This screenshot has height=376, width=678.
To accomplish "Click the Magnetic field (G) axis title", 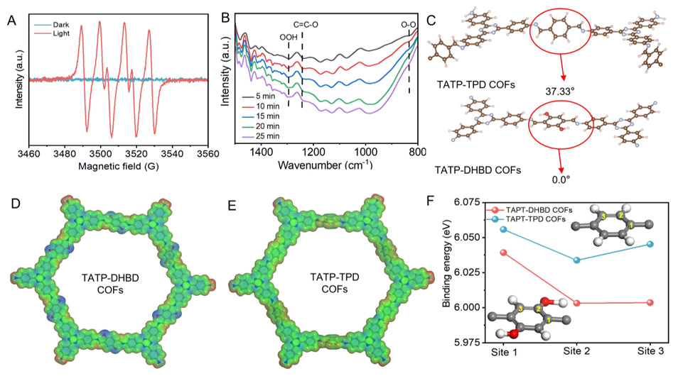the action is (x=118, y=166).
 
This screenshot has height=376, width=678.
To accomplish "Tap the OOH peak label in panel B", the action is (x=289, y=38).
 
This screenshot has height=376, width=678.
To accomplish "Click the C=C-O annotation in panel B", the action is (x=306, y=25).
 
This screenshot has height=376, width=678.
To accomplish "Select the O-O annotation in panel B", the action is (x=408, y=25).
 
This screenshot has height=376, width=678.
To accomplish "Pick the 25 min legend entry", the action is (x=261, y=136).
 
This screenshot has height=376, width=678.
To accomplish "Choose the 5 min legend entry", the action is (x=259, y=96).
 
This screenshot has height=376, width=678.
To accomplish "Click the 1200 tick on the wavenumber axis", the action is (x=313, y=152).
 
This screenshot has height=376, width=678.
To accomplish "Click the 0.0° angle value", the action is (x=561, y=179).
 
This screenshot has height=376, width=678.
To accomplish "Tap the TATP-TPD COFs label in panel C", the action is (x=475, y=84).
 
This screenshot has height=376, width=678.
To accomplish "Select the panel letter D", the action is (x=16, y=204).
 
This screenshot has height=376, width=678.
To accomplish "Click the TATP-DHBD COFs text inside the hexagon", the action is (x=110, y=284).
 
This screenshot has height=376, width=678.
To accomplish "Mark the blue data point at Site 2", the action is (x=576, y=260).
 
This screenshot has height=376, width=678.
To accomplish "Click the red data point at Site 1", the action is (x=503, y=253).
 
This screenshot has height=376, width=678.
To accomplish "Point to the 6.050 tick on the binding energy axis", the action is (x=469, y=238).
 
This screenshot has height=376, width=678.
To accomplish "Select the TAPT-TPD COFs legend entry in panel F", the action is (x=526, y=219).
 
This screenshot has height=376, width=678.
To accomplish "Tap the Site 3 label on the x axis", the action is (x=650, y=351).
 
